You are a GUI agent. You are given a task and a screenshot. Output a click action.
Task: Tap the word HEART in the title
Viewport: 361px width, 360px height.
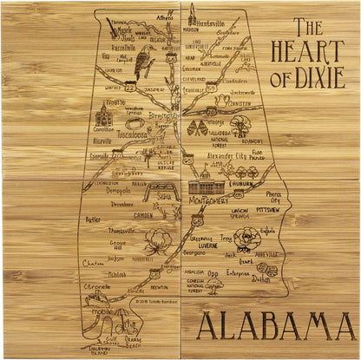[310, 51]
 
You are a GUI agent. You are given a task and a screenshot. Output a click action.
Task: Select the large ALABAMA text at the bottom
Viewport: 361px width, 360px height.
[275, 325]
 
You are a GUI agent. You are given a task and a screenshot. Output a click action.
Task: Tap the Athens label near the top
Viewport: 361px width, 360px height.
[165, 16]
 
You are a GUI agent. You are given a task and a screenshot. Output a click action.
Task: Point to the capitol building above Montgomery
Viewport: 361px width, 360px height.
[205, 186]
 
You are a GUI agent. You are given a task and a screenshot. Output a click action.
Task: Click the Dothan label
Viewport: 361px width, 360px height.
[261, 279]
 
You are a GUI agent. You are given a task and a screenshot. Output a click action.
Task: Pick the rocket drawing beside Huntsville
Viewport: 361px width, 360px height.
[192, 14]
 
